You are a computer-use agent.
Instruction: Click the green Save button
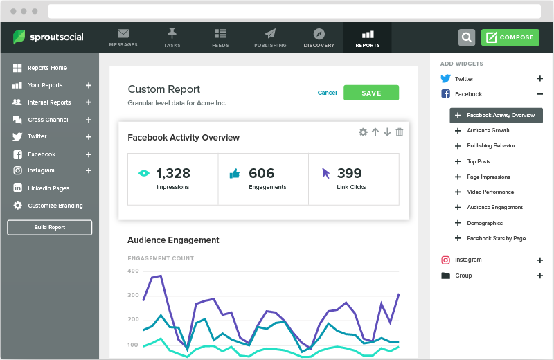click(371, 93)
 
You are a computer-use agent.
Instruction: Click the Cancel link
click(327, 93)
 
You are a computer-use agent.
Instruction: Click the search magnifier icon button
click(467, 37)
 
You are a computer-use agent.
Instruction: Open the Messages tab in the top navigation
click(123, 37)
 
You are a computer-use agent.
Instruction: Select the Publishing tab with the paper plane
click(270, 37)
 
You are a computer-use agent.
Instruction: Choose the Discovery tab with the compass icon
click(319, 37)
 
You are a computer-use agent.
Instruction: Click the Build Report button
click(49, 227)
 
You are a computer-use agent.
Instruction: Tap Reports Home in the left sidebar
click(47, 68)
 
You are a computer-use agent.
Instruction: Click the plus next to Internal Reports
click(89, 102)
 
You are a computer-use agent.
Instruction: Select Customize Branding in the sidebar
click(55, 206)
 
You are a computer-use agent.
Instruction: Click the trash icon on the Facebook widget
click(399, 132)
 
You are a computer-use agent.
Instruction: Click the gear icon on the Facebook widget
click(363, 132)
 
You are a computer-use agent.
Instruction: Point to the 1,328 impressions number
click(173, 173)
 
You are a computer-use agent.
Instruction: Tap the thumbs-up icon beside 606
click(234, 174)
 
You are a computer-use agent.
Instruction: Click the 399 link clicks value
click(350, 173)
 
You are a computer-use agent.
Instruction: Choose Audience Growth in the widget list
click(488, 130)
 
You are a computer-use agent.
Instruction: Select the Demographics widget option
click(485, 223)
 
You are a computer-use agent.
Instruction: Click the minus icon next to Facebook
click(540, 94)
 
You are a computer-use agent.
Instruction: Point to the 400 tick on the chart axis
click(133, 271)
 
